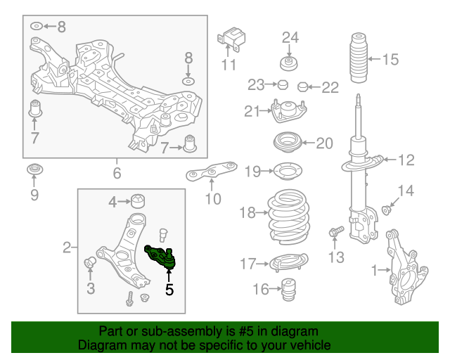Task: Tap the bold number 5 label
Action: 169,288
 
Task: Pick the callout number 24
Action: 290,37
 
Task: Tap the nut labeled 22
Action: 302,87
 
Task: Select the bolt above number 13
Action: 335,230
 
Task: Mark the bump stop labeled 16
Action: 286,290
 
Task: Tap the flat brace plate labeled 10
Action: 210,171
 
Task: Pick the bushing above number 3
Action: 89,262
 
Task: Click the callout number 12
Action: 406,160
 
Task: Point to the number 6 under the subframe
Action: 117,173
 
